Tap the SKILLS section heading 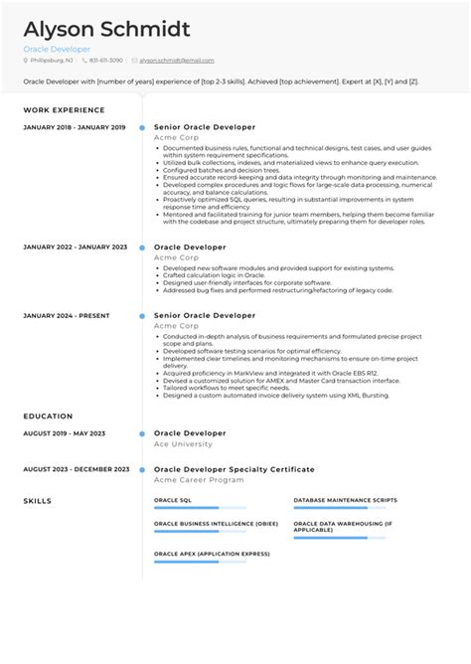37,500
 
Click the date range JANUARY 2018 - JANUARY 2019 74,127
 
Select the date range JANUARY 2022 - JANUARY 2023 75,247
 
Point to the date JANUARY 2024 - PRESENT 65,315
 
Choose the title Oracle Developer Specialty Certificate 234,469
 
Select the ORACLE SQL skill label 173,500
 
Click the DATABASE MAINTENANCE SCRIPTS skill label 345,500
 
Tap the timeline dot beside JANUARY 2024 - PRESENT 143,315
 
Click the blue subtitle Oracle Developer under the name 57,49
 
